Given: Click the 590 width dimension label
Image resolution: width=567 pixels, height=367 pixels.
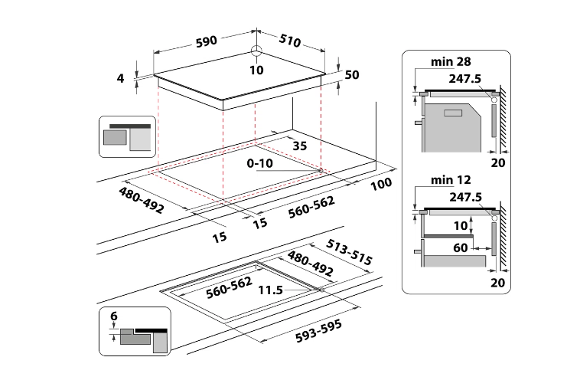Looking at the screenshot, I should (x=207, y=40).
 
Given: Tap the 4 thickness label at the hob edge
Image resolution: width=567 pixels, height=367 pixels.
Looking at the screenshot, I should (x=121, y=77).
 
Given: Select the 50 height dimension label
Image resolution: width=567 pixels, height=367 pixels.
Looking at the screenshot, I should (x=352, y=75).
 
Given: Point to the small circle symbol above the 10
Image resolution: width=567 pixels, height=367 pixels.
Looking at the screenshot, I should (x=256, y=53).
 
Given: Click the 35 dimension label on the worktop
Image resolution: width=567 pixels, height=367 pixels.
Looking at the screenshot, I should (x=298, y=145).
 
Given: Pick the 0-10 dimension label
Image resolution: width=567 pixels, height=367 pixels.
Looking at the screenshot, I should (x=261, y=164).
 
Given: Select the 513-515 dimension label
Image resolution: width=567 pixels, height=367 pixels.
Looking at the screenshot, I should (x=349, y=251).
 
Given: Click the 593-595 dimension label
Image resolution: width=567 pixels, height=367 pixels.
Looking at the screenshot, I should (x=317, y=325).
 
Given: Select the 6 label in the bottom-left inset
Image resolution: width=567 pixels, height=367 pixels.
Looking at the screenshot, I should (x=113, y=316).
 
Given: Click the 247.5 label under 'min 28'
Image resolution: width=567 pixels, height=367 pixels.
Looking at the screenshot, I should (x=465, y=78).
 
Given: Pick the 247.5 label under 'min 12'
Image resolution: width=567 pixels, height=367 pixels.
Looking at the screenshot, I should (x=465, y=197).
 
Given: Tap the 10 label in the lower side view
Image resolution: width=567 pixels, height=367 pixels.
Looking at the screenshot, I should (x=460, y=226).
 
